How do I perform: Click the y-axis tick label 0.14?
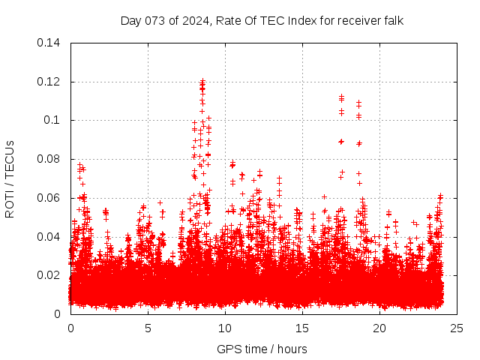tap(49, 43)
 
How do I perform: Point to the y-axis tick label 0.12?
tap(49, 82)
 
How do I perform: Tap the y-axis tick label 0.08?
tap(49, 159)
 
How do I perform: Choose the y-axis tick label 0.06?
tap(49, 198)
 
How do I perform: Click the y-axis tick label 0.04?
tap(49, 237)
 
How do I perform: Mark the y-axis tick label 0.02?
tap(49, 275)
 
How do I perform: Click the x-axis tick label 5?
tap(148, 328)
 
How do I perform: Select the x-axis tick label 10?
tap(225, 328)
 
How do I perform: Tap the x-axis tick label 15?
tap(302, 328)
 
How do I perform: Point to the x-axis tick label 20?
tap(379, 328)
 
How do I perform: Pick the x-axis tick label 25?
tap(457, 328)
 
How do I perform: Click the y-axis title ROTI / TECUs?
tap(10, 178)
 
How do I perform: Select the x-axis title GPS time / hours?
tap(262, 349)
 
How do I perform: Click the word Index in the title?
tap(292, 20)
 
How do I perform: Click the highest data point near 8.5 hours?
tap(202, 79)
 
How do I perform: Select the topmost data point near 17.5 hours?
tap(341, 96)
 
